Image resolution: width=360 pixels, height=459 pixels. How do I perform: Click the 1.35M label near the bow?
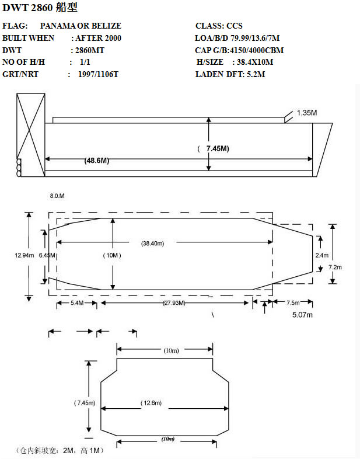click(307, 113)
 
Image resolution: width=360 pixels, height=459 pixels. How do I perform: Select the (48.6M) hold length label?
click(97, 161)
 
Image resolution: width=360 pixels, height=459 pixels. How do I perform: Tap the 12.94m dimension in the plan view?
click(25, 255)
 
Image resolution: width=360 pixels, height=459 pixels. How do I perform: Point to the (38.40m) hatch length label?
click(153, 244)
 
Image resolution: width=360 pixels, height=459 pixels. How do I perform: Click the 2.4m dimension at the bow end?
click(321, 255)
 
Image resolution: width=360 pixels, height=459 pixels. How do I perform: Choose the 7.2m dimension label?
click(335, 267)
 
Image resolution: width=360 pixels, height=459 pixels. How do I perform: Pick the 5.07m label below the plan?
click(302, 315)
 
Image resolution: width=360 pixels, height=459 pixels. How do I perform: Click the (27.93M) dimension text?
click(174, 302)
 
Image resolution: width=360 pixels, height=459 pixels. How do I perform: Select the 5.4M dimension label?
click(77, 302)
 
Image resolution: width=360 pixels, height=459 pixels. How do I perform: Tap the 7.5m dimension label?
click(293, 302)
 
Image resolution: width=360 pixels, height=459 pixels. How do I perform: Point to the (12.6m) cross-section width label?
click(151, 403)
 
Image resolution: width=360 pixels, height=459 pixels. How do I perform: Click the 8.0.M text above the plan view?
click(57, 196)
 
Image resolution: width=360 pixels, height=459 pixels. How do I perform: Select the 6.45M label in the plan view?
click(47, 255)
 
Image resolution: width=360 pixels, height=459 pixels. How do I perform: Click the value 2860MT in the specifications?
click(89, 50)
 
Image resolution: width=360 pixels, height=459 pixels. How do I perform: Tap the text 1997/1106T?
click(98, 74)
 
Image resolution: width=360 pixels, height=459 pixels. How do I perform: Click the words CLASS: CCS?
click(219, 26)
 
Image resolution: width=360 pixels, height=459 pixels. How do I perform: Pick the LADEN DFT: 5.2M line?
click(230, 74)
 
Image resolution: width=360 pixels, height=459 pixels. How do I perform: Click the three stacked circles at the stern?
click(19, 168)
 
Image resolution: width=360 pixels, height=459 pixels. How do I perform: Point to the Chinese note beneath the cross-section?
click(60, 450)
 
